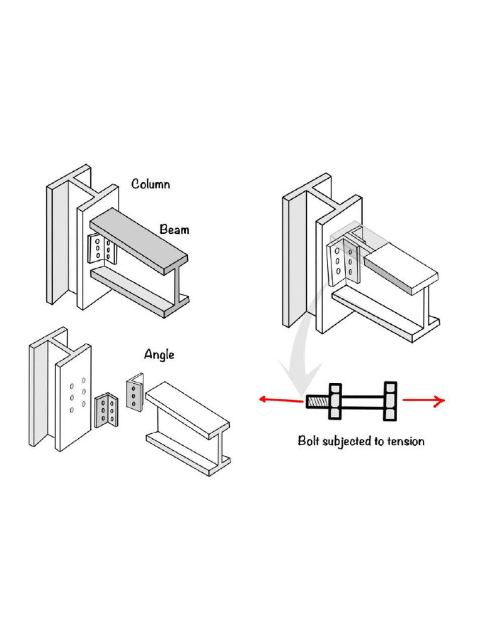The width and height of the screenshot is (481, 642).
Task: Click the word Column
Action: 150,184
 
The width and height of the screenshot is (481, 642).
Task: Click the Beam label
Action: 174,229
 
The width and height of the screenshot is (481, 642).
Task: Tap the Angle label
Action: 159,355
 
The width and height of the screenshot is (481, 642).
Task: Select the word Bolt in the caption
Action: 311,441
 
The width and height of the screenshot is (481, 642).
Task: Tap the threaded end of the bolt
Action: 316,402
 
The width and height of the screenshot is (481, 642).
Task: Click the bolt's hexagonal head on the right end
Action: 391,401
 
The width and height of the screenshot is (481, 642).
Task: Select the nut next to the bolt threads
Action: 335,401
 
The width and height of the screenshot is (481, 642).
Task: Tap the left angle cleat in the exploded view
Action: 105,410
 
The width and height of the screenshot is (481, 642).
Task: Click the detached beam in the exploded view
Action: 188,426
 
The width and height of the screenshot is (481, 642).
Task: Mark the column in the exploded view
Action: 59,395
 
